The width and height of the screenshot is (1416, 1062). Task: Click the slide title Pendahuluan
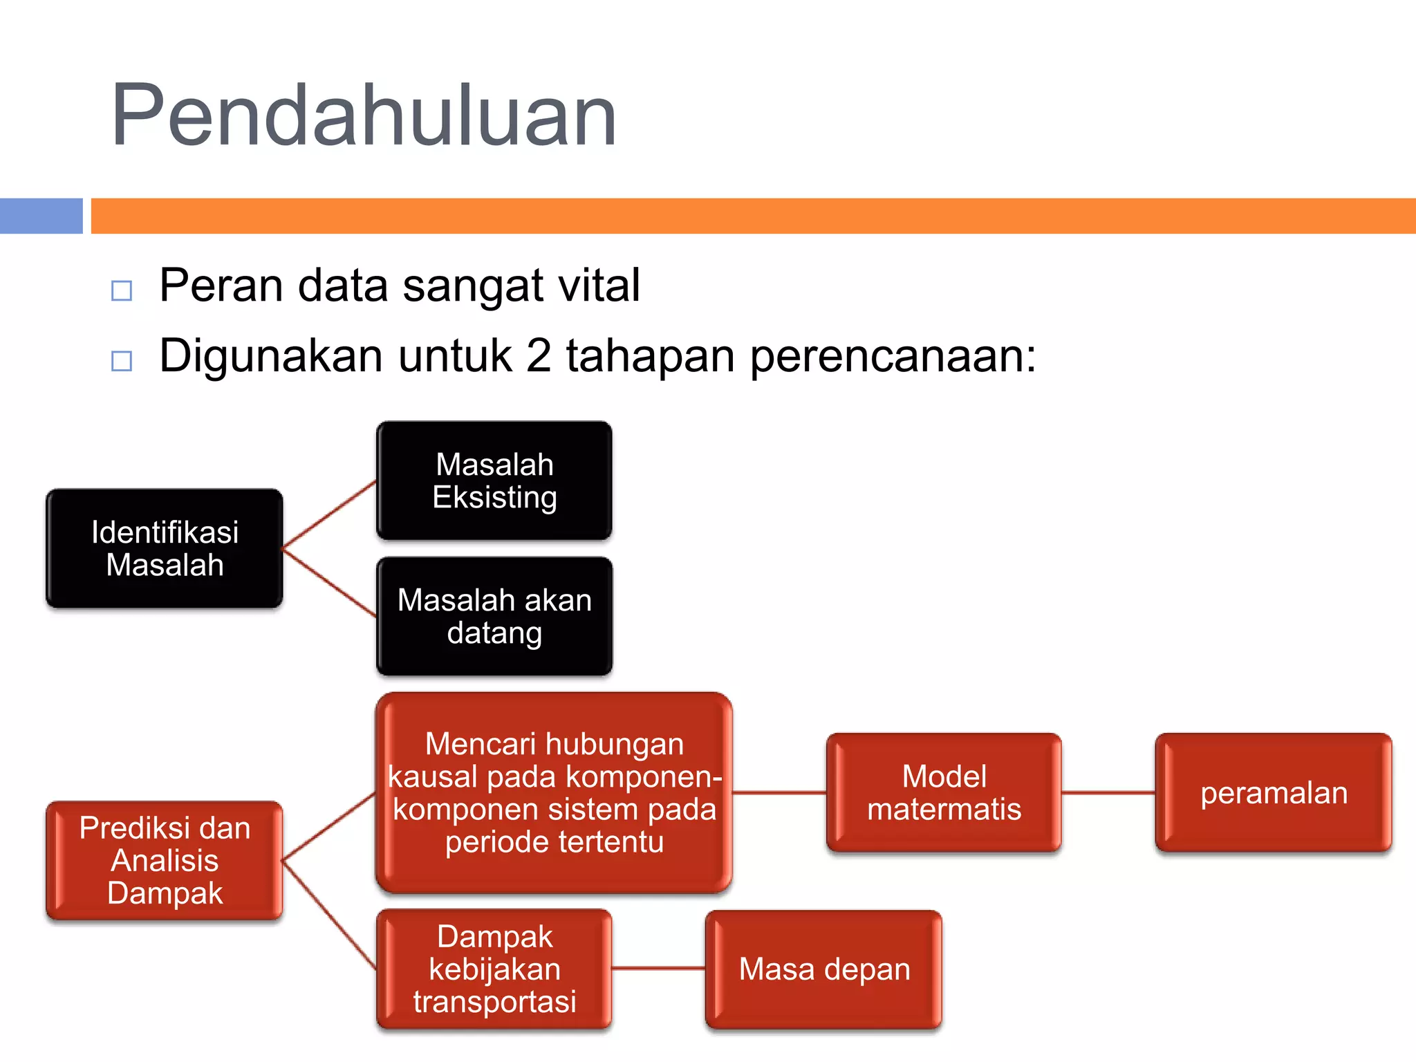[x=364, y=115]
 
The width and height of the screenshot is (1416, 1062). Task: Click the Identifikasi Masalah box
[x=165, y=549]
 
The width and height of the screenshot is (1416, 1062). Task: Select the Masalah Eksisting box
[x=494, y=481]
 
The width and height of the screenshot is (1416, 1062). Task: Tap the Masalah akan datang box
[x=494, y=616]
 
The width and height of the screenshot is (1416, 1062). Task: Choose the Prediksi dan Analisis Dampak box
[x=165, y=861]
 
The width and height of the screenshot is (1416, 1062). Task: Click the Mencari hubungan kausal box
[x=554, y=792]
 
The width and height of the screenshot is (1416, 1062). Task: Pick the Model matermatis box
[x=944, y=792]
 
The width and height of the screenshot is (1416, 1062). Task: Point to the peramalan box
[x=1274, y=792]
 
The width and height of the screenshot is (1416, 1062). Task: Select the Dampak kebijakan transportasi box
[x=494, y=969]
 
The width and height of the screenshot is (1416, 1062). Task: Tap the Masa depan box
[x=823, y=969]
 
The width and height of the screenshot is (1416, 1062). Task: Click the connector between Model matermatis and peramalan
[x=1108, y=792]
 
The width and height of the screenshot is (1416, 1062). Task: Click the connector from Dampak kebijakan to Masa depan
[x=658, y=969]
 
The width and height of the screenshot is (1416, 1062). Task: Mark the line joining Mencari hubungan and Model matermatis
[x=779, y=792]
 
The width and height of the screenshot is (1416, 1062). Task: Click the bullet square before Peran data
[x=122, y=290]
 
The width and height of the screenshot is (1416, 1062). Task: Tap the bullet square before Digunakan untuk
[x=122, y=360]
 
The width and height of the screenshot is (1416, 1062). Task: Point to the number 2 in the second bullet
[x=539, y=356]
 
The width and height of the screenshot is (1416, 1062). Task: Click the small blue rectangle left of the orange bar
[x=41, y=216]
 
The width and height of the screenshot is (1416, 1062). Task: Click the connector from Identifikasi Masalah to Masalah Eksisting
[x=330, y=514]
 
